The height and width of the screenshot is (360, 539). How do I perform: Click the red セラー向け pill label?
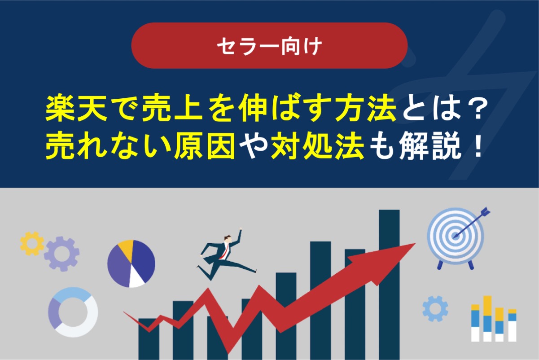[269, 45]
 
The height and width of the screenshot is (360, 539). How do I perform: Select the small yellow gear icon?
[32, 243]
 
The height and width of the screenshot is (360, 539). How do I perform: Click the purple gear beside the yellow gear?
[61, 254]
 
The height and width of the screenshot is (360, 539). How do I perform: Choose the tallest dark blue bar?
[389, 283]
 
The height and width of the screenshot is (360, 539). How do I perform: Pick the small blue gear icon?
[435, 309]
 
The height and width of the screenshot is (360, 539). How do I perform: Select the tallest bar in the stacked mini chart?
[487, 318]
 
